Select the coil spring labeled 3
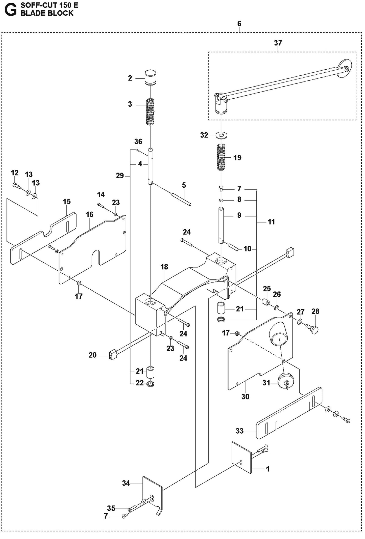click(x=150, y=111)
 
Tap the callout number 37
click(x=278, y=43)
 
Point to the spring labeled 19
click(x=221, y=157)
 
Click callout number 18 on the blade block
click(x=164, y=267)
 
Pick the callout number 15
click(x=67, y=202)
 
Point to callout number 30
click(x=245, y=396)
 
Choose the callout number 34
click(x=126, y=483)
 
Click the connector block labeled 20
click(x=113, y=355)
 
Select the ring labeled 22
click(x=150, y=384)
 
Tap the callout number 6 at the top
click(x=239, y=24)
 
